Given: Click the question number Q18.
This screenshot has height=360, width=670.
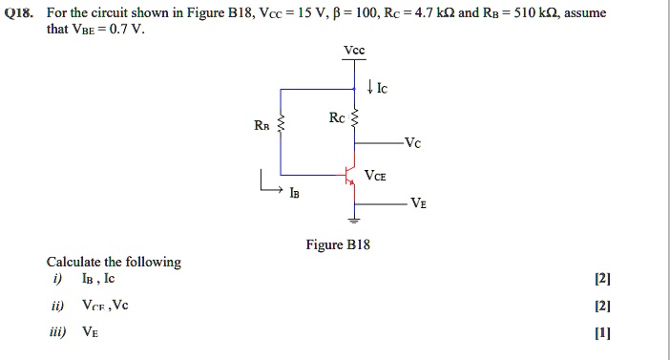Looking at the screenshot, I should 24,14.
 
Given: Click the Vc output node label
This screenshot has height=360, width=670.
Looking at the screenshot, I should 411,143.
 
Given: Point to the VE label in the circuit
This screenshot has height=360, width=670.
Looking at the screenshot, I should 419,202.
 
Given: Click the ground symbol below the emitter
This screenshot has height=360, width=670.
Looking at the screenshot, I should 356,222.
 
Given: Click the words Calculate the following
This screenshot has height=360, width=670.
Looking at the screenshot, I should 114,262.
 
